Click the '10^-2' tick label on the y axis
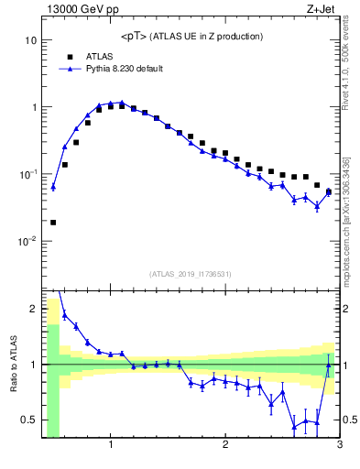(x=25, y=242)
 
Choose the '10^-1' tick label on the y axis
(x=25, y=174)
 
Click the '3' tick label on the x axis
(x=339, y=446)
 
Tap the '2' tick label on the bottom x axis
(x=225, y=446)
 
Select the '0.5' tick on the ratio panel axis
(x=27, y=420)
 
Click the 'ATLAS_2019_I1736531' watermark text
(x=191, y=274)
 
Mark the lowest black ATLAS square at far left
(x=53, y=222)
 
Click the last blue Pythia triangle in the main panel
(x=328, y=192)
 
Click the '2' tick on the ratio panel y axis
(x=32, y=309)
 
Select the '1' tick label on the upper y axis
(x=33, y=107)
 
